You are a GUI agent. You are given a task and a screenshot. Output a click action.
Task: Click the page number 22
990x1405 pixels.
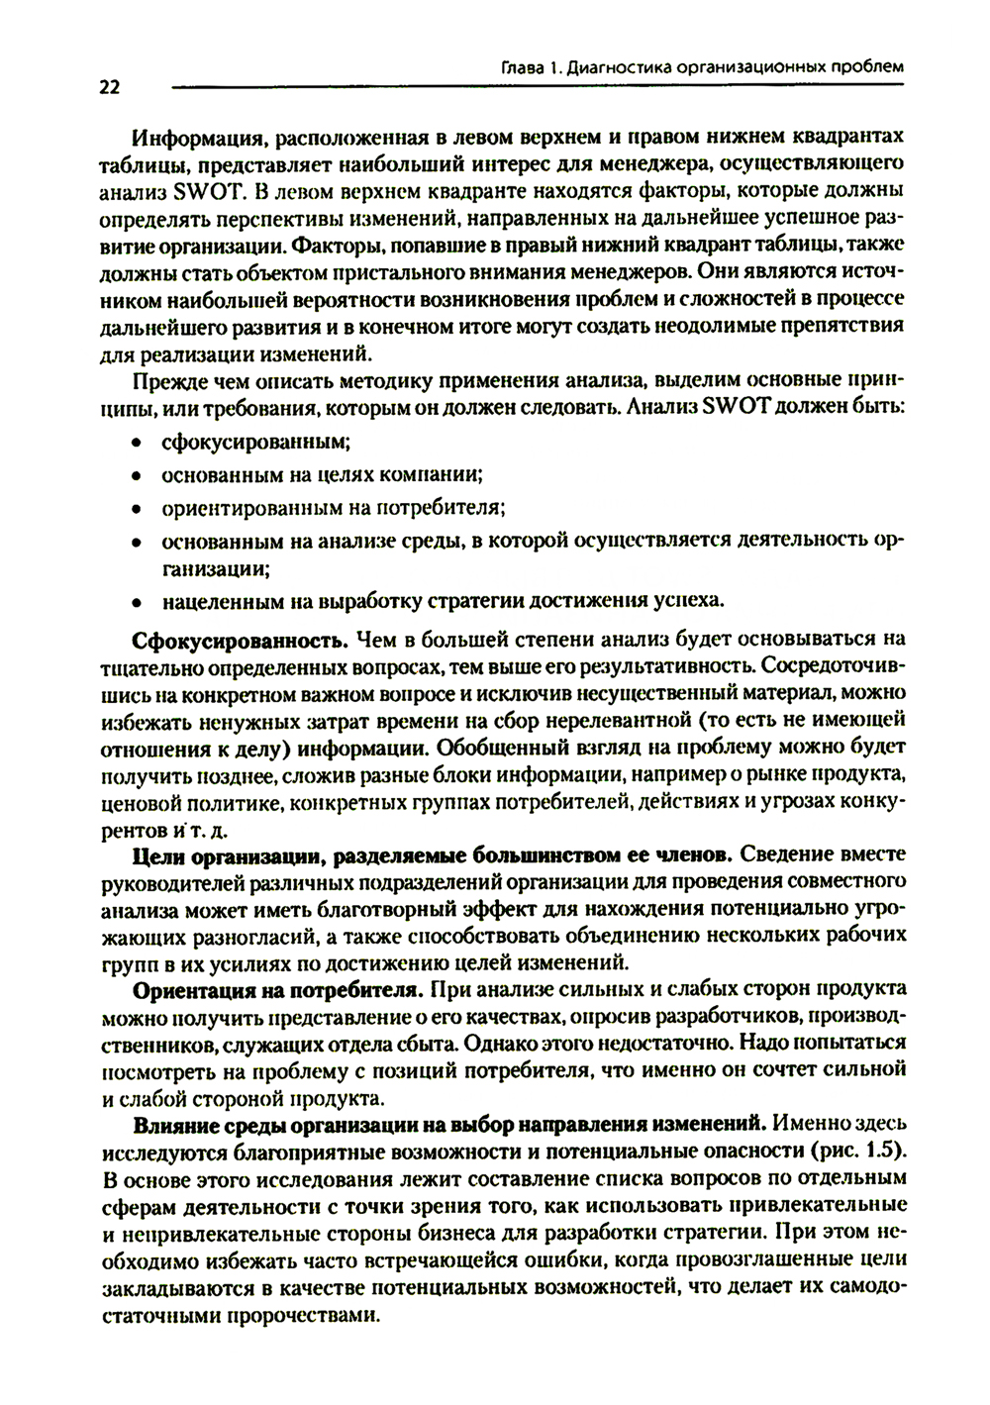point(108,88)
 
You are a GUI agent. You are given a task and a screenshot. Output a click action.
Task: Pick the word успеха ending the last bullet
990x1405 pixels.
point(687,600)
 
